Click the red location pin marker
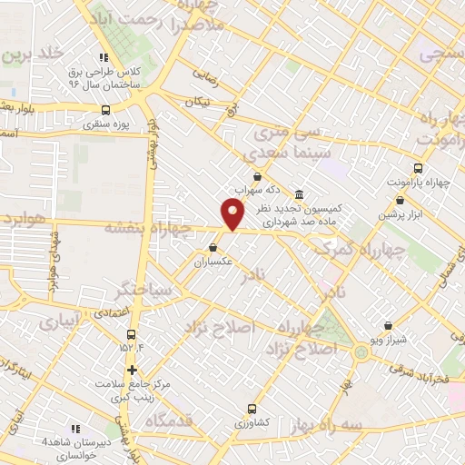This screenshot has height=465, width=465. pyautogui.click(x=233, y=214)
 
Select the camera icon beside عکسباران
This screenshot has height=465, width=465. pyautogui.click(x=213, y=247)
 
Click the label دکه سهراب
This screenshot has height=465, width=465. pyautogui.click(x=257, y=192)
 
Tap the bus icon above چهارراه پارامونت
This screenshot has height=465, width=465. pyautogui.click(x=418, y=168)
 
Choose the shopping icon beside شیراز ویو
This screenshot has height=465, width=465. pyautogui.click(x=389, y=325)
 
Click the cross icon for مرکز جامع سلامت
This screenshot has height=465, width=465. pyautogui.click(x=133, y=370)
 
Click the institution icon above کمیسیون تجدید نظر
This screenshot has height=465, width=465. pyautogui.click(x=300, y=193)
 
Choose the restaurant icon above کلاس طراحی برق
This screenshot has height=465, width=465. pyautogui.click(x=104, y=57)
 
